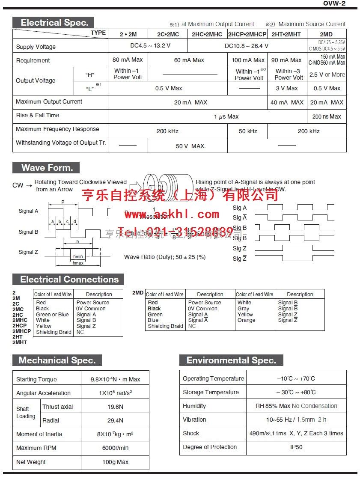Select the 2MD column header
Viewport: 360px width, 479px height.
pos(326,34)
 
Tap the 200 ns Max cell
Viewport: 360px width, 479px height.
pos(327,116)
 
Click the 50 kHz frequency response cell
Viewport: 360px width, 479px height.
pos(248,131)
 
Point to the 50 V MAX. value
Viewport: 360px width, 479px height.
pos(190,146)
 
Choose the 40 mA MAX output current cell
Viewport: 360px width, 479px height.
pos(287,102)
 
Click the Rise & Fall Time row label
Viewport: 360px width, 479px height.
pos(38,115)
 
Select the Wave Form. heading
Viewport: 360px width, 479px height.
pos(47,167)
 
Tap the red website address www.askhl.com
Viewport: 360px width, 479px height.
pos(172,214)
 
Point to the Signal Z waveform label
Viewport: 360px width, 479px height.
pos(28,252)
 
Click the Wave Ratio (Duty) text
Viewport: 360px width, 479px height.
pos(165,257)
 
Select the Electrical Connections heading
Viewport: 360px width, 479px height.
pos(69,280)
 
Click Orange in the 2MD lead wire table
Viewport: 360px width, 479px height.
pos(246,320)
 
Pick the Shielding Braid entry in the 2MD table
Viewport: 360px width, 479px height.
pos(165,326)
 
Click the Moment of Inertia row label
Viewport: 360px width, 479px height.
pos(39,434)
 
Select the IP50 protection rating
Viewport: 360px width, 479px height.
pos(296,447)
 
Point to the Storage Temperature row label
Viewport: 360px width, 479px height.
pos(211,392)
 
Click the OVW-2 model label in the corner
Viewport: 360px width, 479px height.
pos(334,3)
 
